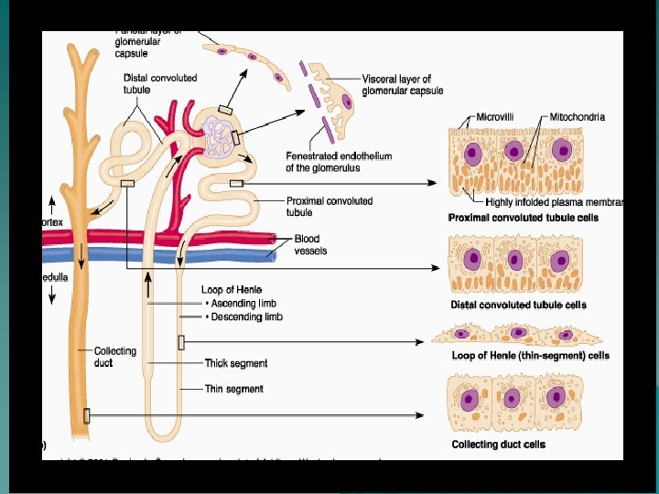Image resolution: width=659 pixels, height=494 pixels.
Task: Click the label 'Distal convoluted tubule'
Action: point(160,83)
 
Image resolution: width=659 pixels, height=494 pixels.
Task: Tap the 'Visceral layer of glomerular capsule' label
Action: point(403,85)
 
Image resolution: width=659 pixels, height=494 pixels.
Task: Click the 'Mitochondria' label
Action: point(578,117)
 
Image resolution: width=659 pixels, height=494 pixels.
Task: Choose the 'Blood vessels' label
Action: point(310,244)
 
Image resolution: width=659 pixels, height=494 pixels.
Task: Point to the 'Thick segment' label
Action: point(236,363)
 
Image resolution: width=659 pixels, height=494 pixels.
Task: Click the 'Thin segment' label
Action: point(234,389)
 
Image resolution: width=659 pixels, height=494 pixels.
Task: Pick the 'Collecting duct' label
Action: point(115,357)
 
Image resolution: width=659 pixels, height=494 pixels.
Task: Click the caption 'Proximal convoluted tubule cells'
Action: point(523,218)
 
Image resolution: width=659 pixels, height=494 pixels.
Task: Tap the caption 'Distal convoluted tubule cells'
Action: point(519,305)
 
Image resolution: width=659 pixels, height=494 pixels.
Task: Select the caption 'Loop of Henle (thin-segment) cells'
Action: point(531,355)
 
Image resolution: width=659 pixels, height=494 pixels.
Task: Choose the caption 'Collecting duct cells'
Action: point(499,445)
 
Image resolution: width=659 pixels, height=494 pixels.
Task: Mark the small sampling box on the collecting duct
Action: point(87,414)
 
